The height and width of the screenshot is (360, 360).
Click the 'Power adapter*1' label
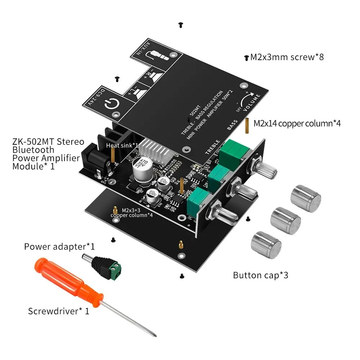(59, 247)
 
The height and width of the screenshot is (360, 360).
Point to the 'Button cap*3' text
(261, 275)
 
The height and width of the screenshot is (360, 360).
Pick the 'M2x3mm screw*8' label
(287, 57)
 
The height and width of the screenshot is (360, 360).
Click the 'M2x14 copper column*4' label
(297, 123)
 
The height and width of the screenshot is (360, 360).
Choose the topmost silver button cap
(306, 198)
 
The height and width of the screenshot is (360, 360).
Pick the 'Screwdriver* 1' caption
(59, 311)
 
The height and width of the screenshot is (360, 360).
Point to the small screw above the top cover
(180, 25)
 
